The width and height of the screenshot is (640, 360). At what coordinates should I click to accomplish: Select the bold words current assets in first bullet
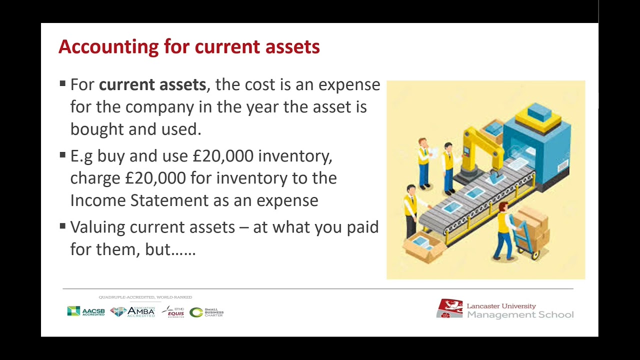pos(152,84)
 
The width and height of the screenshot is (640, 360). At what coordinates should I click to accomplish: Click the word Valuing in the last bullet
pos(97,227)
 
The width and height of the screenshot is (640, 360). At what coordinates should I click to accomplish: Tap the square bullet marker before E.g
pos(62,155)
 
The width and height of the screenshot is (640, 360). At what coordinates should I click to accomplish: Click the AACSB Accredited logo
pos(86,311)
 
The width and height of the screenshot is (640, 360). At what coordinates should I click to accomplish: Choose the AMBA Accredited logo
pos(132,311)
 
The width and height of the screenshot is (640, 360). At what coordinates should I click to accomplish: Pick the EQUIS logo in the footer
pos(173,311)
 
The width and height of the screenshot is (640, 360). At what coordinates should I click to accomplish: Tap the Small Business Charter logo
pos(206,312)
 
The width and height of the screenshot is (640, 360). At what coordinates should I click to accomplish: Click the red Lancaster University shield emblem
pos(449,308)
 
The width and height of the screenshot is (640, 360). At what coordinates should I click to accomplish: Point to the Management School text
pos(520,315)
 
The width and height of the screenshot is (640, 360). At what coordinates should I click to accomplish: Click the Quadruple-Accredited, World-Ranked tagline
pos(145,297)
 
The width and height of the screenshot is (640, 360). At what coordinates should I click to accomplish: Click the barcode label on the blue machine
pos(563,166)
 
